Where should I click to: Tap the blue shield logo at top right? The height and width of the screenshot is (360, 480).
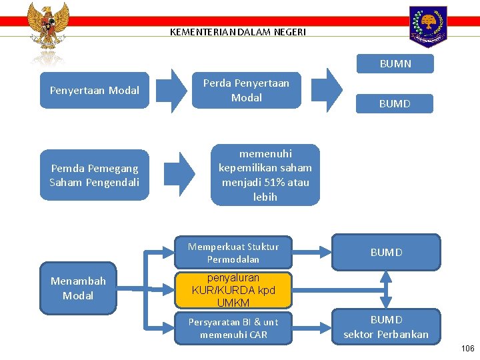(x=429, y=26)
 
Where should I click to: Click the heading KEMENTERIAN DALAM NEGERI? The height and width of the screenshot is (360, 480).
(x=238, y=31)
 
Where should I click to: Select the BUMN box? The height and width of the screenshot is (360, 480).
(x=395, y=64)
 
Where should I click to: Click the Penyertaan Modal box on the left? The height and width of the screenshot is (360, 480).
(x=95, y=90)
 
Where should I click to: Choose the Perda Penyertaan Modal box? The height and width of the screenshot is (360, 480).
(x=246, y=90)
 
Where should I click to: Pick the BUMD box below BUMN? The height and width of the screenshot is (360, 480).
(x=395, y=103)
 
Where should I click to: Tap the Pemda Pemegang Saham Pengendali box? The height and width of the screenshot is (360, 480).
(x=95, y=175)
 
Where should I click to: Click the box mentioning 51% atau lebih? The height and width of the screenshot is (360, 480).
(x=265, y=175)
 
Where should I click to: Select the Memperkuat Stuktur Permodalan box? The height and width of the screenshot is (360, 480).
(x=233, y=253)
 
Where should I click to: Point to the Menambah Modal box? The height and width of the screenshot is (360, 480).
(x=78, y=289)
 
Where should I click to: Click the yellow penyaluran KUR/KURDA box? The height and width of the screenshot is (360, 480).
(x=233, y=290)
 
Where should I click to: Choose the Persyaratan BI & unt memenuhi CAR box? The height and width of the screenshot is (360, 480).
(x=233, y=328)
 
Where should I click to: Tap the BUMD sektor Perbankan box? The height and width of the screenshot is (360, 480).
(x=386, y=327)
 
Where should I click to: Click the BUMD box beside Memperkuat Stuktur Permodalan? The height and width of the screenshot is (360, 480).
(x=387, y=252)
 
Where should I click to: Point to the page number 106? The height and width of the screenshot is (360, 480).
(x=468, y=349)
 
